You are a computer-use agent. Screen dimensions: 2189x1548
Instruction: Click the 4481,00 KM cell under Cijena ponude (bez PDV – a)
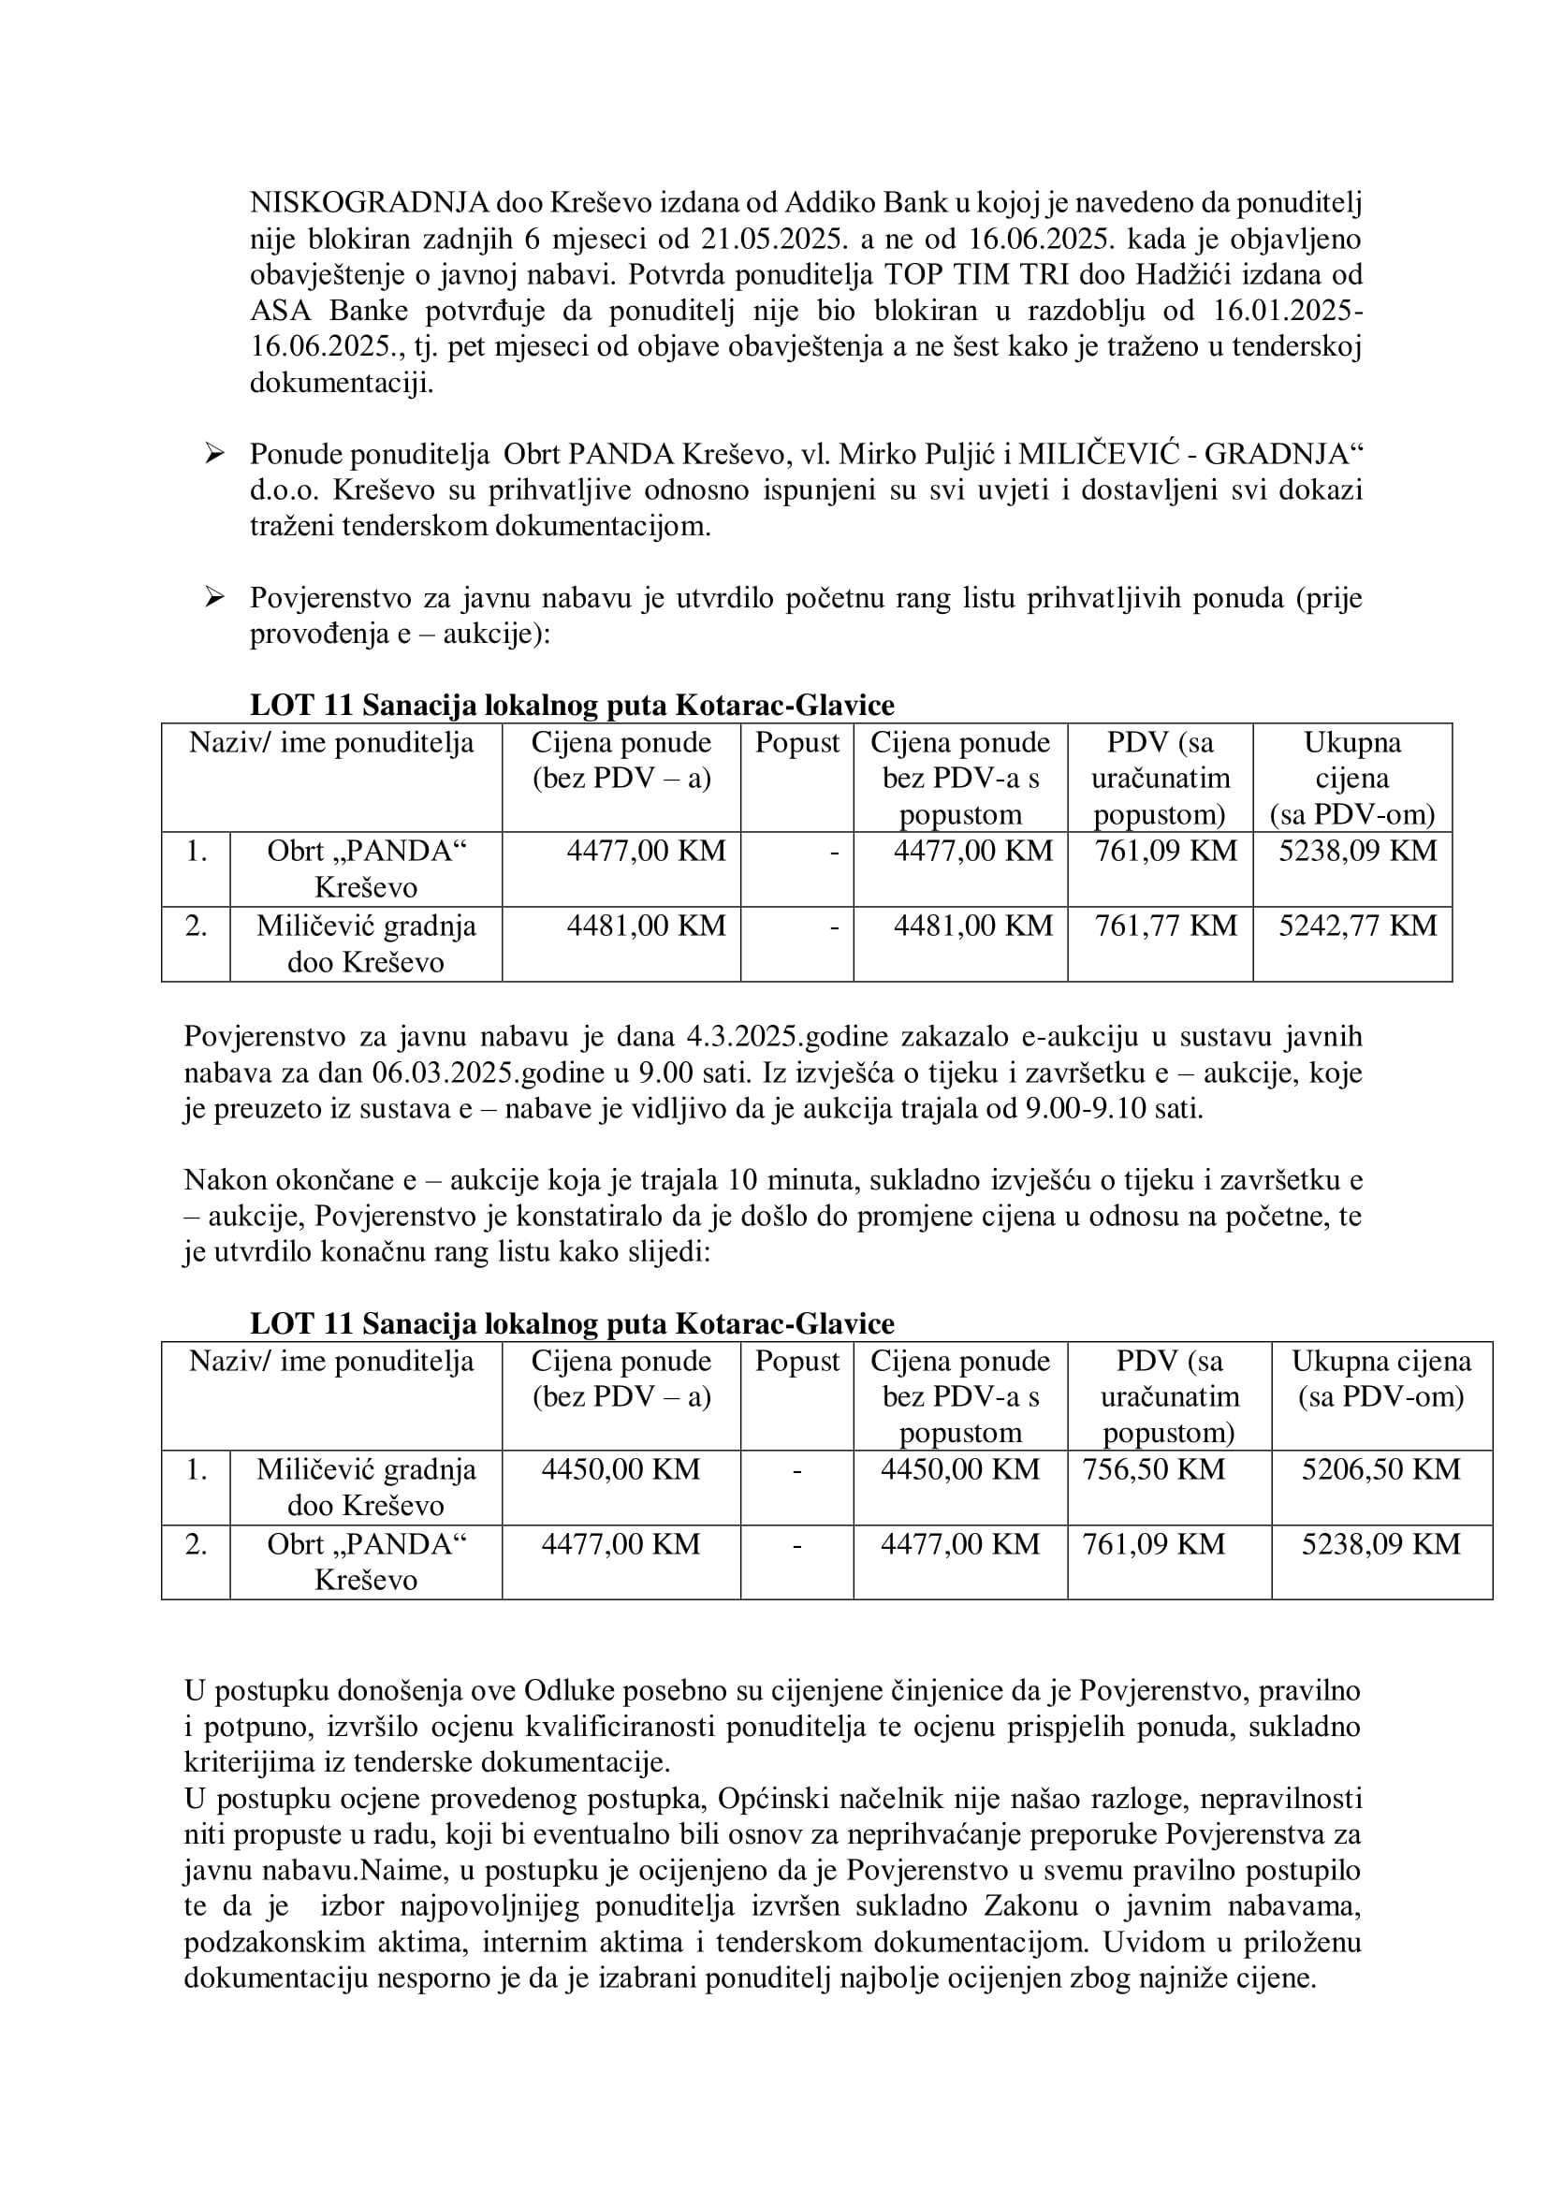[646, 926]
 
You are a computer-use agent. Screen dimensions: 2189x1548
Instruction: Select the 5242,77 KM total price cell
[1356, 926]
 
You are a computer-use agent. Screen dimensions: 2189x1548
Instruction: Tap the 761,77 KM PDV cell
[1165, 926]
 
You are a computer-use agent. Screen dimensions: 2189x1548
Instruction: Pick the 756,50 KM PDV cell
[1153, 1469]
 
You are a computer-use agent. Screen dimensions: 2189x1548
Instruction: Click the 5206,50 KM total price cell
[1380, 1469]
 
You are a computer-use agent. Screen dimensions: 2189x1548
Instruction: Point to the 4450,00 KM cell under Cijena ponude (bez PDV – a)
[621, 1469]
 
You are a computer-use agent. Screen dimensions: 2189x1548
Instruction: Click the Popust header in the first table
[796, 743]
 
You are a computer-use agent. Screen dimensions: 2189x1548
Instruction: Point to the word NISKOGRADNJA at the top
[369, 202]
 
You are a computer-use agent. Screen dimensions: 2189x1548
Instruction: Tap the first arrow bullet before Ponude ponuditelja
[214, 454]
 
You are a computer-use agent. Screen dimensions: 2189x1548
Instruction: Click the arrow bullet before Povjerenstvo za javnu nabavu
[214, 598]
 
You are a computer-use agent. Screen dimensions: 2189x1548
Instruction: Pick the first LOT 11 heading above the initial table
[572, 706]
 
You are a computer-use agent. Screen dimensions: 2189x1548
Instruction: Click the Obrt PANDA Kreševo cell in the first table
[366, 868]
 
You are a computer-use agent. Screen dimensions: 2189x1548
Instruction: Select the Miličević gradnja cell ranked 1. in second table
[366, 1487]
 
